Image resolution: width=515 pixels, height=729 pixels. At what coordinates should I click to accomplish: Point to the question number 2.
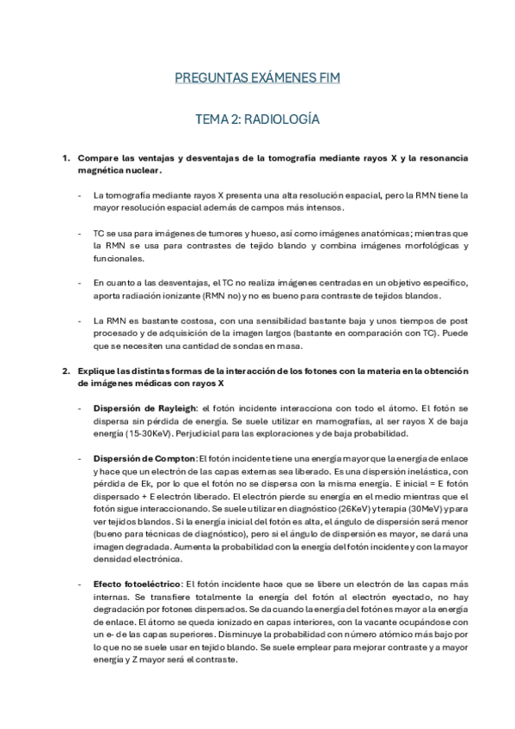(65, 371)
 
